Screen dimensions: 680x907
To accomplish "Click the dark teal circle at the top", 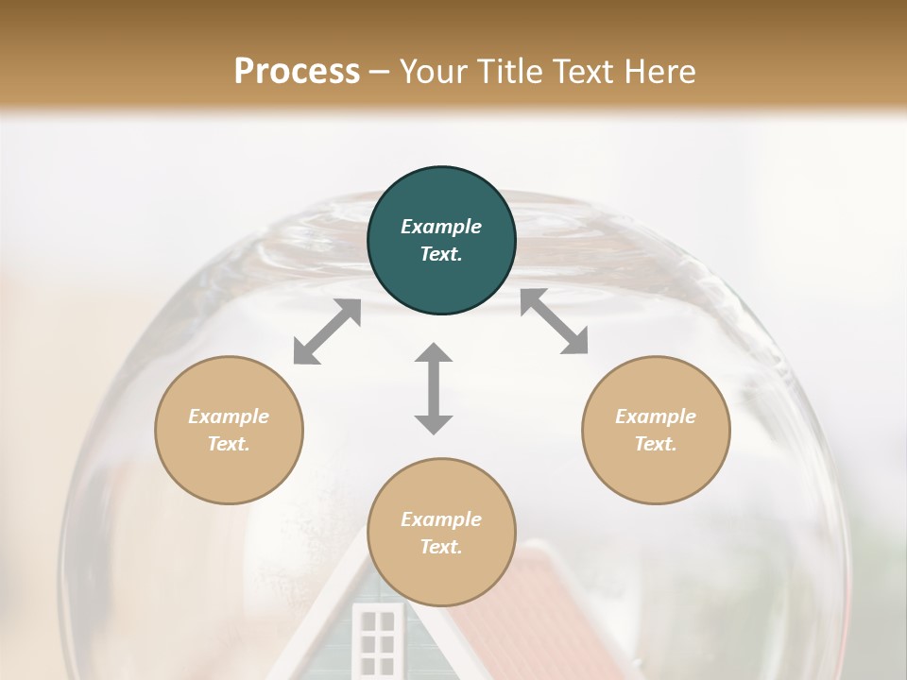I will tap(441, 241).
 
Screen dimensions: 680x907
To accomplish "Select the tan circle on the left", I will tap(229, 430).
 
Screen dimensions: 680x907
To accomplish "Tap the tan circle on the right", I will tap(656, 430).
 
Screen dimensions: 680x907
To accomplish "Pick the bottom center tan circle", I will tap(441, 533).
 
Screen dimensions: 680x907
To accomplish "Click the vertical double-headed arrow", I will tap(434, 388).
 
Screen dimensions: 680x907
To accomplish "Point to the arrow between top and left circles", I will tap(327, 331).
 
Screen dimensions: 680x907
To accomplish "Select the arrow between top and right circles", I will tap(554, 322).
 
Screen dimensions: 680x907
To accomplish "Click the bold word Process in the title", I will tap(297, 71).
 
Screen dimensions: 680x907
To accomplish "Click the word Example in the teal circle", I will tap(441, 227).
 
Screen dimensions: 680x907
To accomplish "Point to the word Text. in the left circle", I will tap(229, 444).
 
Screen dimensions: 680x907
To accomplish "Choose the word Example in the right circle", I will tap(656, 416).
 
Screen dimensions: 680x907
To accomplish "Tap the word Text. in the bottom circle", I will tap(441, 547).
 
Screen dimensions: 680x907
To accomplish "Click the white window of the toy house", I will tap(377, 640).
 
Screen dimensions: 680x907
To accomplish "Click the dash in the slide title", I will tap(380, 71).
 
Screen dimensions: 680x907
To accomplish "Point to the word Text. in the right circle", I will tap(656, 444).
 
